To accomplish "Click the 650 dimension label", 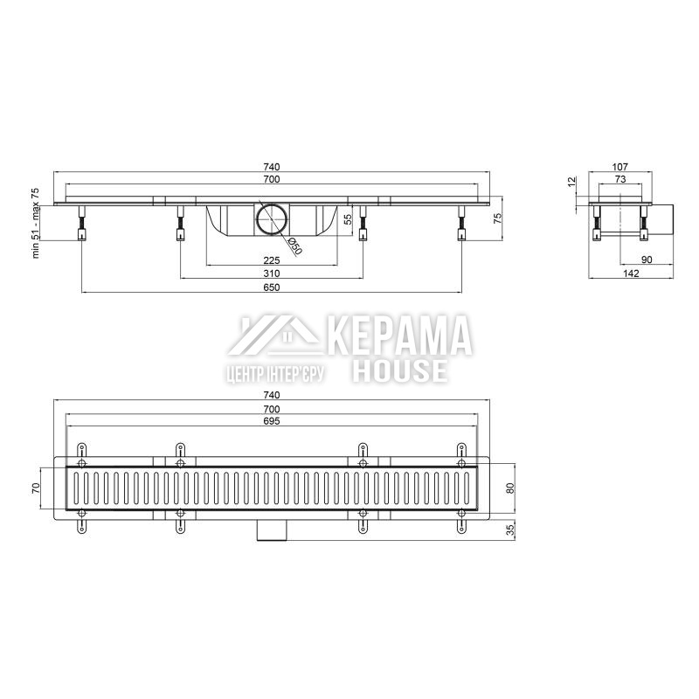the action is pyautogui.click(x=272, y=287).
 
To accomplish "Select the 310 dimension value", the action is pyautogui.click(x=272, y=273).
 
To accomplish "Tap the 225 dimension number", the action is pyautogui.click(x=272, y=260).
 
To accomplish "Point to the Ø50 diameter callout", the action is pyautogui.click(x=294, y=246).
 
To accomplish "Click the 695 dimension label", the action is pyautogui.click(x=272, y=421).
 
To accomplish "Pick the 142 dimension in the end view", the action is pyautogui.click(x=631, y=273).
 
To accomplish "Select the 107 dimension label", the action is pyautogui.click(x=620, y=167).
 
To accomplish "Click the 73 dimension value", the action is pyautogui.click(x=620, y=179).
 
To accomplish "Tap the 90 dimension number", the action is pyautogui.click(x=647, y=260).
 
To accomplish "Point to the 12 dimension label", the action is pyautogui.click(x=572, y=183).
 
